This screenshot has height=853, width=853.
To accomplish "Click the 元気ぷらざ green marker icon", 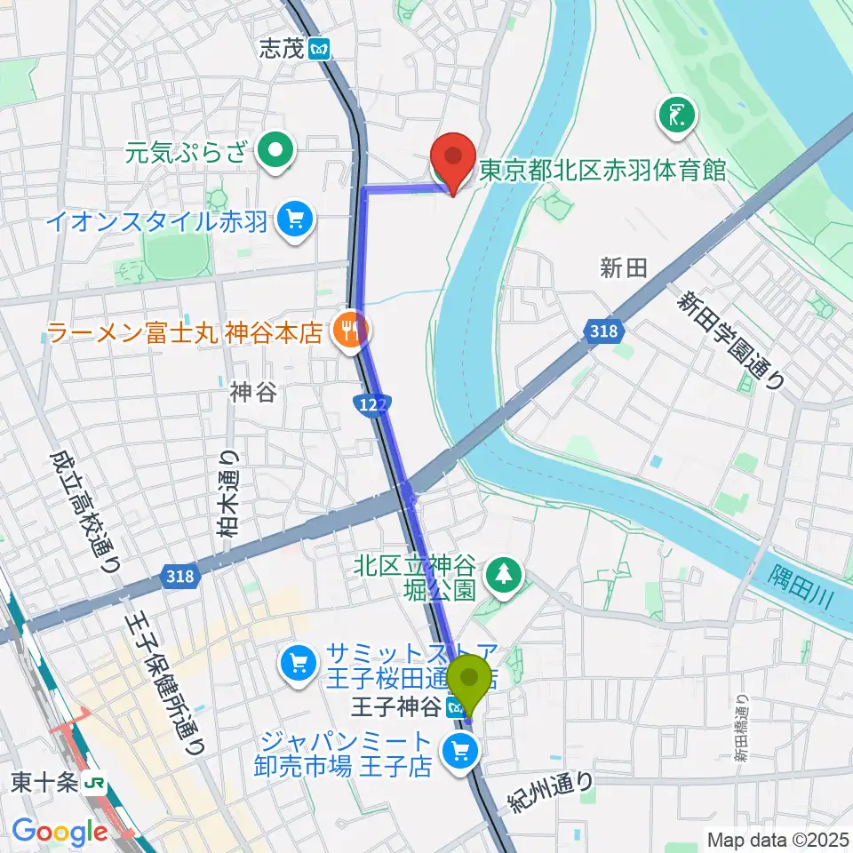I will coord(278,153).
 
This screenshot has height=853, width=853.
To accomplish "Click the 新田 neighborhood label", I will coord(622,268).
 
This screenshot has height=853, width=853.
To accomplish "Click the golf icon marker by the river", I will coord(677,115).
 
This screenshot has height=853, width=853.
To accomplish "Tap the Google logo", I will coord(60,832).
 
